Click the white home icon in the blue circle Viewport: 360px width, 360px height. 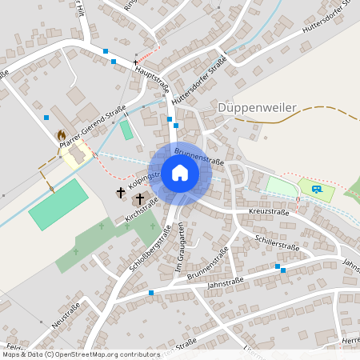(x=179, y=172)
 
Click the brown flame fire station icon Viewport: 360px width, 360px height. (x=61, y=136)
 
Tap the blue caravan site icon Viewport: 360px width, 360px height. (x=316, y=189)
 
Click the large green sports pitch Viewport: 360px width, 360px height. (x=58, y=204)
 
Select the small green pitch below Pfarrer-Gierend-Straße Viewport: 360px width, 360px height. (x=126, y=130)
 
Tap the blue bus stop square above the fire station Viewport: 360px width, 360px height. (x=46, y=117)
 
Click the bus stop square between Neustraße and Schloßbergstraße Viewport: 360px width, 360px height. (x=151, y=293)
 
